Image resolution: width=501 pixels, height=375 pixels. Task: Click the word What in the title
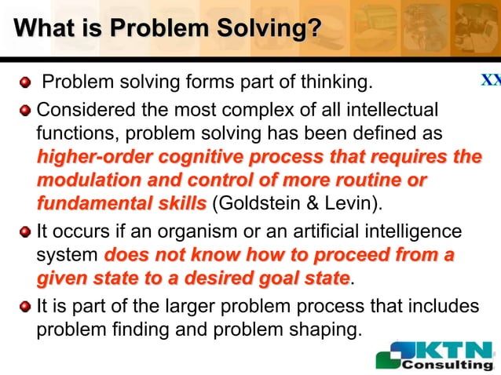pos(42,29)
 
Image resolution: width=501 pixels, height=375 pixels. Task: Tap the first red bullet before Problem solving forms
pos(25,82)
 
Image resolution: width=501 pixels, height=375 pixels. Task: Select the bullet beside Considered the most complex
pos(25,108)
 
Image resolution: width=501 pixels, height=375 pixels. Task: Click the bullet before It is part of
pos(25,305)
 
